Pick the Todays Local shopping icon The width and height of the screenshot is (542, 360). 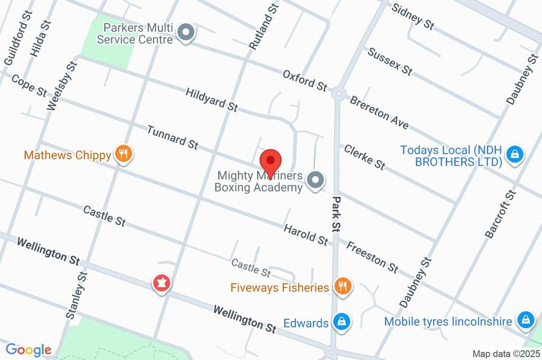coord(513,155)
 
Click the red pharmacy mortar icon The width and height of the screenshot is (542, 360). coord(162,283)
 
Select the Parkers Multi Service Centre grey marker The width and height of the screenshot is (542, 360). coord(186,34)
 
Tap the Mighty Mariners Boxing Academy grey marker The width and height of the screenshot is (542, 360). coord(316,181)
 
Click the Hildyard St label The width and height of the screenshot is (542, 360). coord(211,100)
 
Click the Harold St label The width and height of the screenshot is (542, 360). coord(305,235)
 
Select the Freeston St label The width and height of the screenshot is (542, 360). coord(373,256)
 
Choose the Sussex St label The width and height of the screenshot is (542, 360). coord(390,60)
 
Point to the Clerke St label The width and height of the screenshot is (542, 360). coord(364,157)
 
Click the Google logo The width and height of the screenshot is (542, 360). coord(29,350)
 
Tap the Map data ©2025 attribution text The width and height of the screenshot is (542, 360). coord(506,354)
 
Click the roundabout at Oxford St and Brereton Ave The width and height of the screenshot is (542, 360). coord(339,93)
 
